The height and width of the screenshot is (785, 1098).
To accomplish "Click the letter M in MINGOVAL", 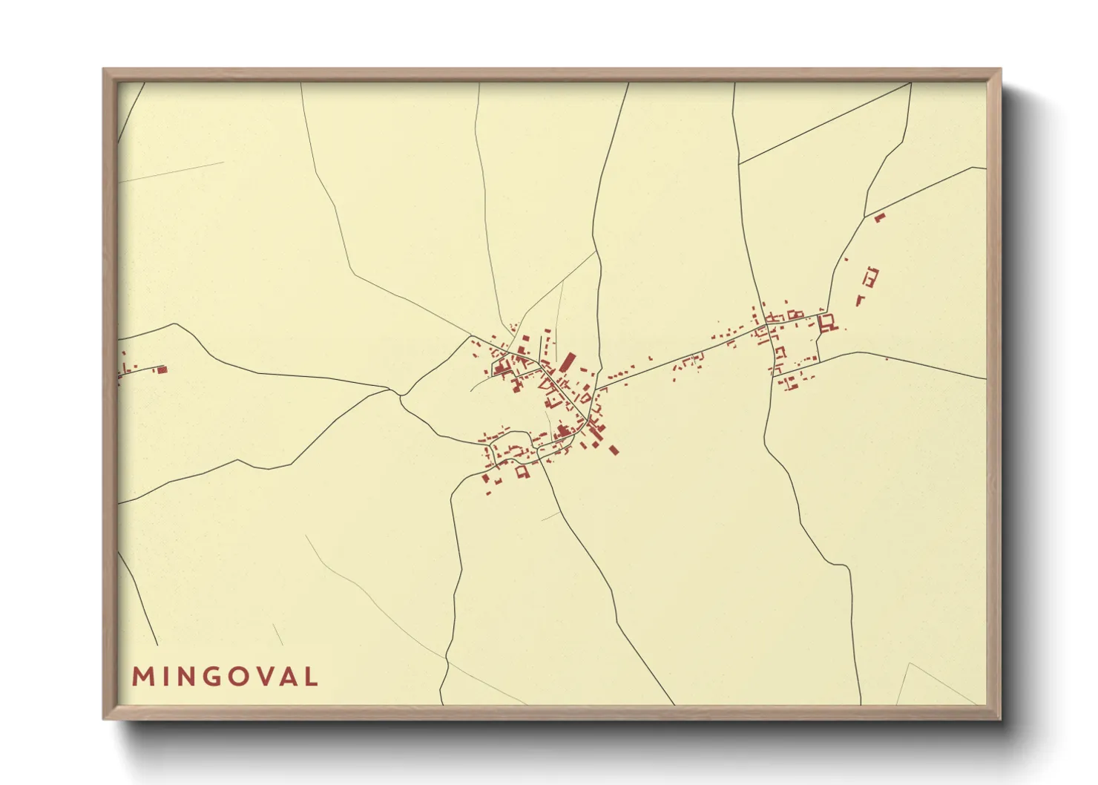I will pyautogui.click(x=141, y=677).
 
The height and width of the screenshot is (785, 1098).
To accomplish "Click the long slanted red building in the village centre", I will pyautogui.click(x=568, y=363).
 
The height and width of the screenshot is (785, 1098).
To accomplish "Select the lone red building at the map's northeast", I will pyautogui.click(x=880, y=217).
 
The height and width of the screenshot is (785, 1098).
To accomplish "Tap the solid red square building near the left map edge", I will pyautogui.click(x=162, y=369).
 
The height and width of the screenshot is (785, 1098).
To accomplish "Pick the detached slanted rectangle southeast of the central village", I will pyautogui.click(x=614, y=449).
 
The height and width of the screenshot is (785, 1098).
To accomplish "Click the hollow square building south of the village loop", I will pyautogui.click(x=522, y=471).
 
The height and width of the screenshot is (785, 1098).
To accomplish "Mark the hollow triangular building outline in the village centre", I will pyautogui.click(x=550, y=385).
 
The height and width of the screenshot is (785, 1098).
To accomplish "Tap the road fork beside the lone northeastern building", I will pyautogui.click(x=866, y=216).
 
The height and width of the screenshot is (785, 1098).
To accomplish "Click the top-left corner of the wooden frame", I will pyautogui.click(x=103, y=69).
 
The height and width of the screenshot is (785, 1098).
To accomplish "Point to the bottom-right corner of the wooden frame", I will pyautogui.click(x=1001, y=719).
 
